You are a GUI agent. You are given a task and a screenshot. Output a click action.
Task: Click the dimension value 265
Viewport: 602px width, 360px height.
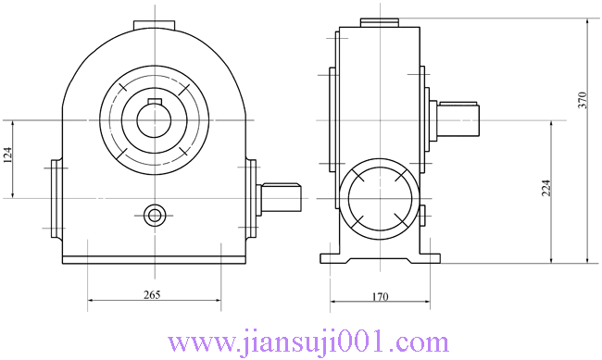coord(153,295)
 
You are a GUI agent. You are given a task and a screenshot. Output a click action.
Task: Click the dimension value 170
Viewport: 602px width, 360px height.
coord(380,297)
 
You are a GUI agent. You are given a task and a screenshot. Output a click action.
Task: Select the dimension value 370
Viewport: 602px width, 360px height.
coord(583,102)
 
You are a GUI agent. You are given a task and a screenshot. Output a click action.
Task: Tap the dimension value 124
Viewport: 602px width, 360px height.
coord(8,156)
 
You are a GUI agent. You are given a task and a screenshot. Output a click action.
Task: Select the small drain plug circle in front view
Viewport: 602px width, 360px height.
coord(154,215)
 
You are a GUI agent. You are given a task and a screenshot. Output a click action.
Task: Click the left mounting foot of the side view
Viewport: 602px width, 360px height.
coord(330,255)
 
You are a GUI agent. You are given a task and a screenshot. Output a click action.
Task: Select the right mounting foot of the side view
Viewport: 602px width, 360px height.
coord(430,255)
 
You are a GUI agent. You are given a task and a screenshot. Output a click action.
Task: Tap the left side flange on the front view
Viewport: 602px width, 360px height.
coord(56,196)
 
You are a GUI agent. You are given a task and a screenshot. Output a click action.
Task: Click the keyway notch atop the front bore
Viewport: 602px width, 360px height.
coord(154,98)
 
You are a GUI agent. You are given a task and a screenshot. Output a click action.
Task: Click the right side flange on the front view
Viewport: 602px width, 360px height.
coord(251,196)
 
